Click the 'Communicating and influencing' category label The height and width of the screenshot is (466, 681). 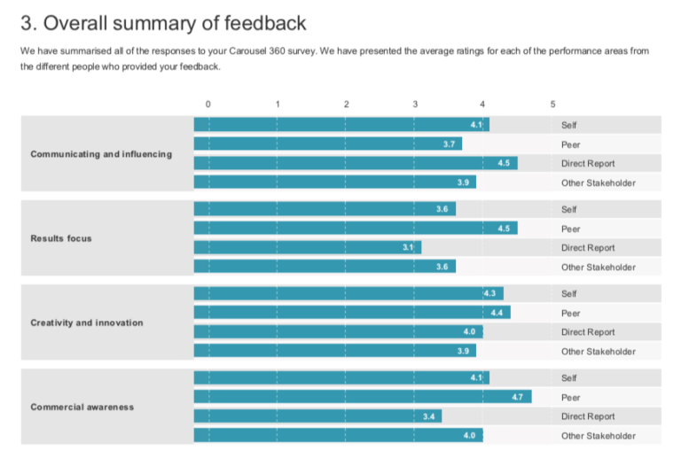click(101, 154)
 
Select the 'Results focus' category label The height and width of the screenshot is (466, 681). click(61, 238)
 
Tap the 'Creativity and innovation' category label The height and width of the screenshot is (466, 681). click(87, 322)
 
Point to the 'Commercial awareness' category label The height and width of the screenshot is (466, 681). click(82, 408)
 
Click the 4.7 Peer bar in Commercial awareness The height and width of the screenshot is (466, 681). click(363, 397)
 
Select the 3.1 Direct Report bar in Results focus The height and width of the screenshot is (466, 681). click(307, 247)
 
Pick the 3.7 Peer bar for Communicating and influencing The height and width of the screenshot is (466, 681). click(327, 144)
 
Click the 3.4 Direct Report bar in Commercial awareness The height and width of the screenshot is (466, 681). click(317, 416)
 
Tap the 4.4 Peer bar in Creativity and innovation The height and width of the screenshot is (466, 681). click(352, 313)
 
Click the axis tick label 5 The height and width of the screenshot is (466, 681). click(552, 104)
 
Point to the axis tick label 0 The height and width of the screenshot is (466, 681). click(208, 104)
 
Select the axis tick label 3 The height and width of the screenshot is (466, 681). click(415, 104)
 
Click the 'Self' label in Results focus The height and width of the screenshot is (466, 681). click(568, 210)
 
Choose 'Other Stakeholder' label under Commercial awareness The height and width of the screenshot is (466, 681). click(598, 436)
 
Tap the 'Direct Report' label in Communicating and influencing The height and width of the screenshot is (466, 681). click(587, 164)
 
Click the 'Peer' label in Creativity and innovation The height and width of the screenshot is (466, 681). click(570, 313)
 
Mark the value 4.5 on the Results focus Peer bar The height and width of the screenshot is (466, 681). click(504, 229)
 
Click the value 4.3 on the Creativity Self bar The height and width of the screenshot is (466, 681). click(489, 293)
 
